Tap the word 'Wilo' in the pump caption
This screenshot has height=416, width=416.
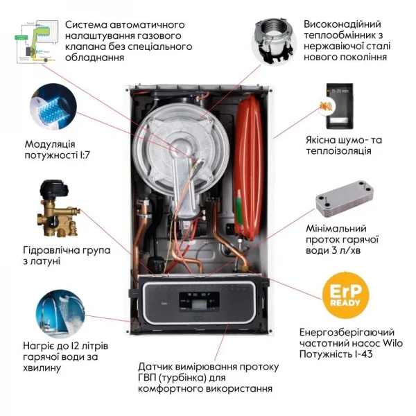tap(391, 343)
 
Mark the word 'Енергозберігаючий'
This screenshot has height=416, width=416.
tap(344, 331)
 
